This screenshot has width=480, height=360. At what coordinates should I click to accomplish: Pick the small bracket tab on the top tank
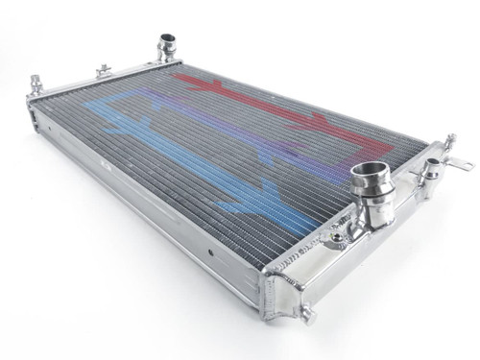[x=101, y=70]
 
